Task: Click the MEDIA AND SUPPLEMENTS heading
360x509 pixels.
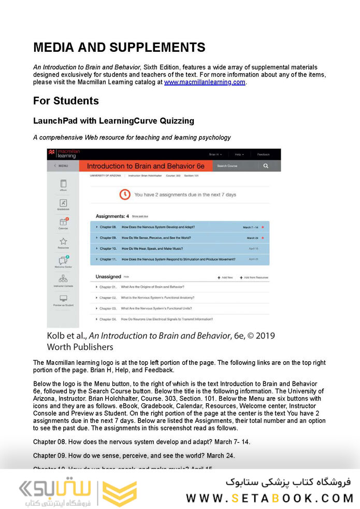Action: pyautogui.click(x=119, y=48)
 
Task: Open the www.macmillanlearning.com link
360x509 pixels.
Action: pyautogui.click(x=205, y=82)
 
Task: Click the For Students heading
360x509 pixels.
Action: pyautogui.click(x=66, y=100)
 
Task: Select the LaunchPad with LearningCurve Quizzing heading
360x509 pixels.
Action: pyautogui.click(x=113, y=121)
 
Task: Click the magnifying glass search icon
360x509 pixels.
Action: pyautogui.click(x=266, y=166)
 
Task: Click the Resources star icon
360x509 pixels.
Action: pyautogui.click(x=63, y=242)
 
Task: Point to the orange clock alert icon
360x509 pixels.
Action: pyautogui.click(x=125, y=194)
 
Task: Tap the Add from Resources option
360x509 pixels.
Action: pyautogui.click(x=254, y=278)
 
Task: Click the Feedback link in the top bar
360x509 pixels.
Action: pyautogui.click(x=263, y=154)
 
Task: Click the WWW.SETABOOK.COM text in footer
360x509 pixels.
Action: pyautogui.click(x=269, y=498)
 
